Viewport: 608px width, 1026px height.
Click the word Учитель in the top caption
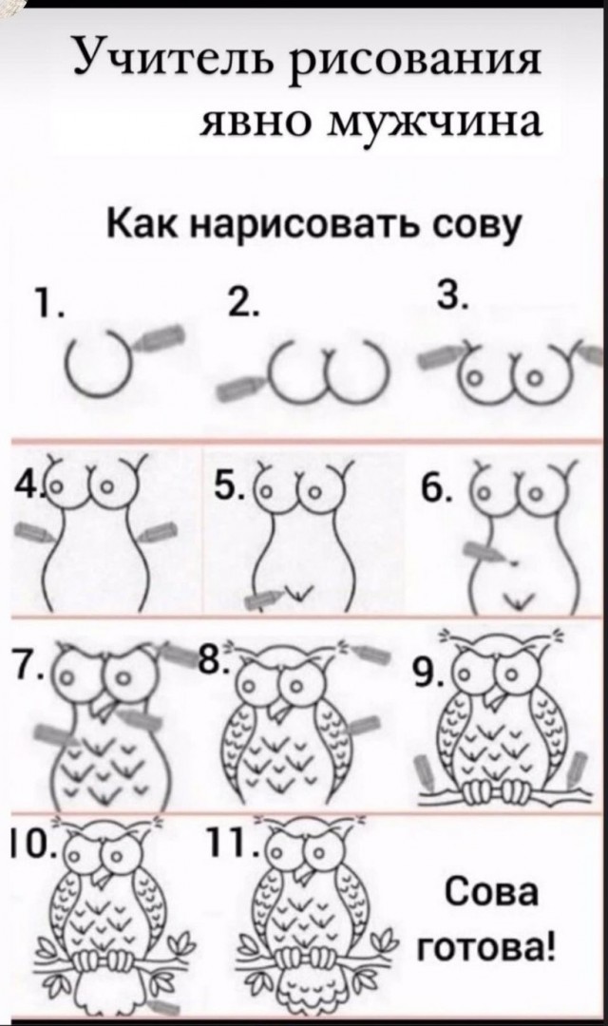pyautogui.click(x=173, y=57)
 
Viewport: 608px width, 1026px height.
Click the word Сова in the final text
pyautogui.click(x=490, y=894)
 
